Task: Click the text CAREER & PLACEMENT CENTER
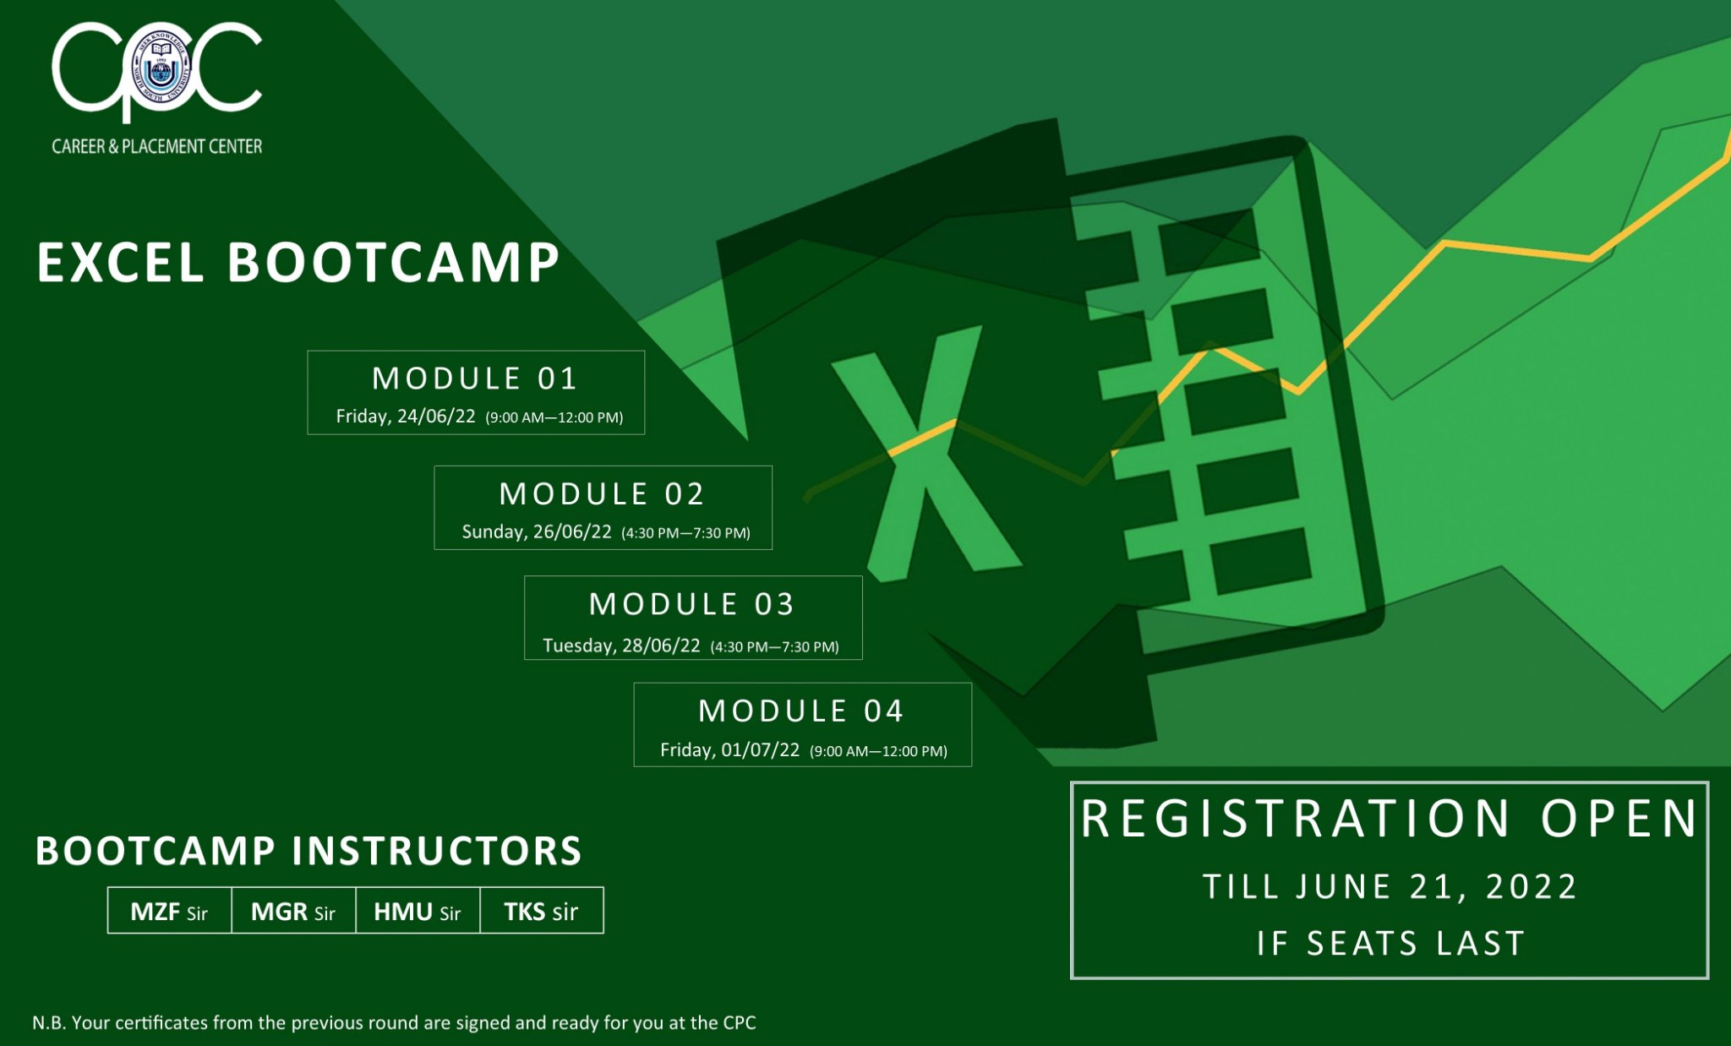(157, 146)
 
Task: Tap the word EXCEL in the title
(120, 262)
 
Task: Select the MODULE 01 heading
(475, 379)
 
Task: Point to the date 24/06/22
(436, 417)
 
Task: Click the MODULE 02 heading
(602, 494)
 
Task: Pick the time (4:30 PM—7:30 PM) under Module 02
(685, 533)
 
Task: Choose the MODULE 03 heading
(692, 604)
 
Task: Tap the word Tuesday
(579, 646)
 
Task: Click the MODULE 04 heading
(801, 711)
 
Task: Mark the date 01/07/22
(760, 750)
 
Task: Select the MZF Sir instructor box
(170, 911)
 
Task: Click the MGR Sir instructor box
(293, 911)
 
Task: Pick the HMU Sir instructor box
(418, 911)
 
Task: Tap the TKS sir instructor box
(542, 911)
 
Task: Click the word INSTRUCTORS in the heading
(437, 852)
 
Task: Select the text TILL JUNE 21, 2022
(1390, 887)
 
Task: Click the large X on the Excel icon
(926, 456)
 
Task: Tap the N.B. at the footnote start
(49, 1023)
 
